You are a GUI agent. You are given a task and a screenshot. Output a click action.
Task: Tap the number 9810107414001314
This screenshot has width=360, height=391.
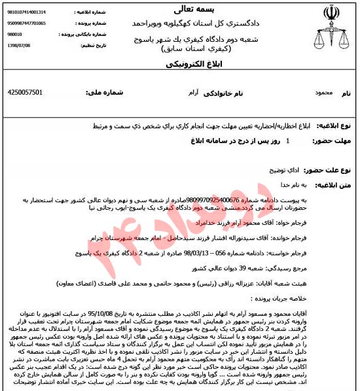point(26,12)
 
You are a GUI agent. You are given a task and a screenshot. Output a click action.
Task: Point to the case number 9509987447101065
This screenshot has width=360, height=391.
point(26,23)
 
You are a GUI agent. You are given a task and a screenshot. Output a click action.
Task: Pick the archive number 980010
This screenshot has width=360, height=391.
point(14,35)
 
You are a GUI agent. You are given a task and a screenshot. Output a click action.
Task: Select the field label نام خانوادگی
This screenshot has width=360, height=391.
point(220,93)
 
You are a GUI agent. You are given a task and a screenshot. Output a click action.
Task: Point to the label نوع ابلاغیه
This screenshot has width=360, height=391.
point(338,125)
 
